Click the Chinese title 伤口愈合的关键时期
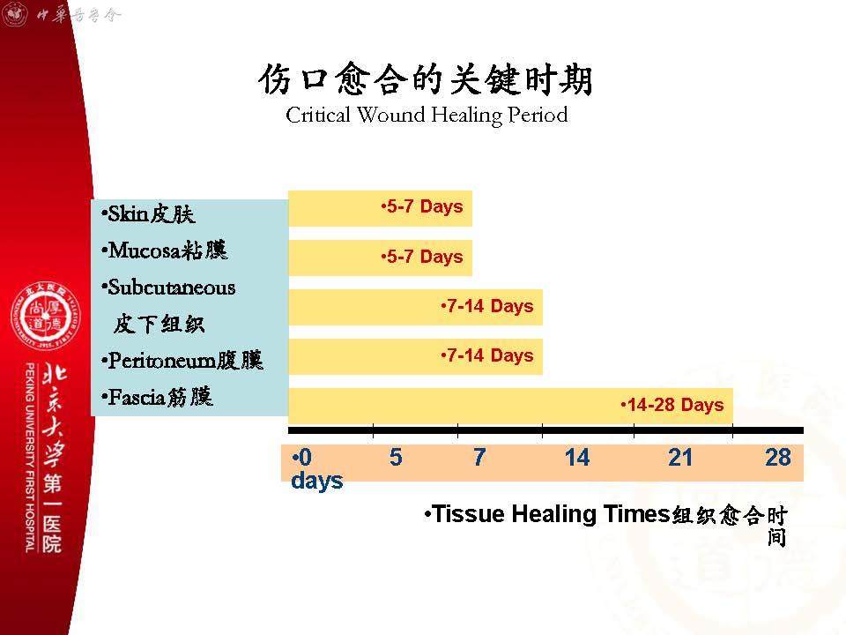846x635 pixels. click(426, 78)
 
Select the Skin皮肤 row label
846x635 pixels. click(148, 213)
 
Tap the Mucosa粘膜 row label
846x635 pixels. click(165, 250)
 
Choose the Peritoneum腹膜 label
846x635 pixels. click(182, 360)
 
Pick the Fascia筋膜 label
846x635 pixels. click(157, 398)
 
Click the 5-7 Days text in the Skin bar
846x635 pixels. click(422, 206)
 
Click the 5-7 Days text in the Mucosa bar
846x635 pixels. click(422, 257)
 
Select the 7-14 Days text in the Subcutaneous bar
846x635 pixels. click(487, 306)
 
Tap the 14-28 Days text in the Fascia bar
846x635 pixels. click(672, 405)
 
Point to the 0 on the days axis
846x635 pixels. click(305, 458)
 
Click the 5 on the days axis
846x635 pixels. click(396, 458)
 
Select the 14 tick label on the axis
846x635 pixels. click(577, 458)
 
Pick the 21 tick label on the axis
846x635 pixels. click(679, 458)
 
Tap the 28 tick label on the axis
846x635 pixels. click(778, 458)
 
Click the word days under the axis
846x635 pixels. click(316, 481)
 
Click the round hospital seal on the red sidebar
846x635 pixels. click(46, 316)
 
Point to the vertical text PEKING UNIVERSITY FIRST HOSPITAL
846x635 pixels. click(30, 458)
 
